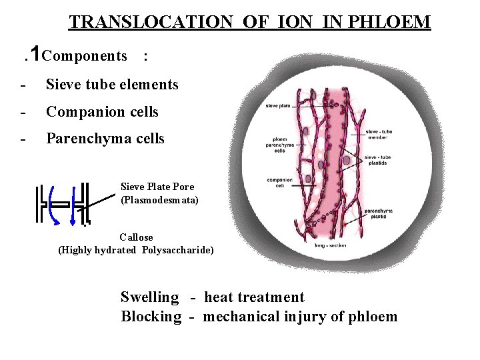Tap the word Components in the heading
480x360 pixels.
tap(84, 56)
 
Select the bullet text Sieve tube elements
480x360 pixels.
tap(112, 85)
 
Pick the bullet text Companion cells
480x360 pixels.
tap(102, 112)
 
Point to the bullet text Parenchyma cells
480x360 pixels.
tap(105, 139)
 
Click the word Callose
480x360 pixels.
tap(136, 237)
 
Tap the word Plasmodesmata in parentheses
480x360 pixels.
tap(159, 199)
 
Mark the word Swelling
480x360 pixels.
tap(149, 297)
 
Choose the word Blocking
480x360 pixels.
tap(151, 317)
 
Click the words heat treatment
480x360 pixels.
tap(254, 297)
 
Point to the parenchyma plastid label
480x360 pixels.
tap(378, 213)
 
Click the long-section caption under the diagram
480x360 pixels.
tap(330, 245)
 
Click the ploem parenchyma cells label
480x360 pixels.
tap(276, 145)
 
